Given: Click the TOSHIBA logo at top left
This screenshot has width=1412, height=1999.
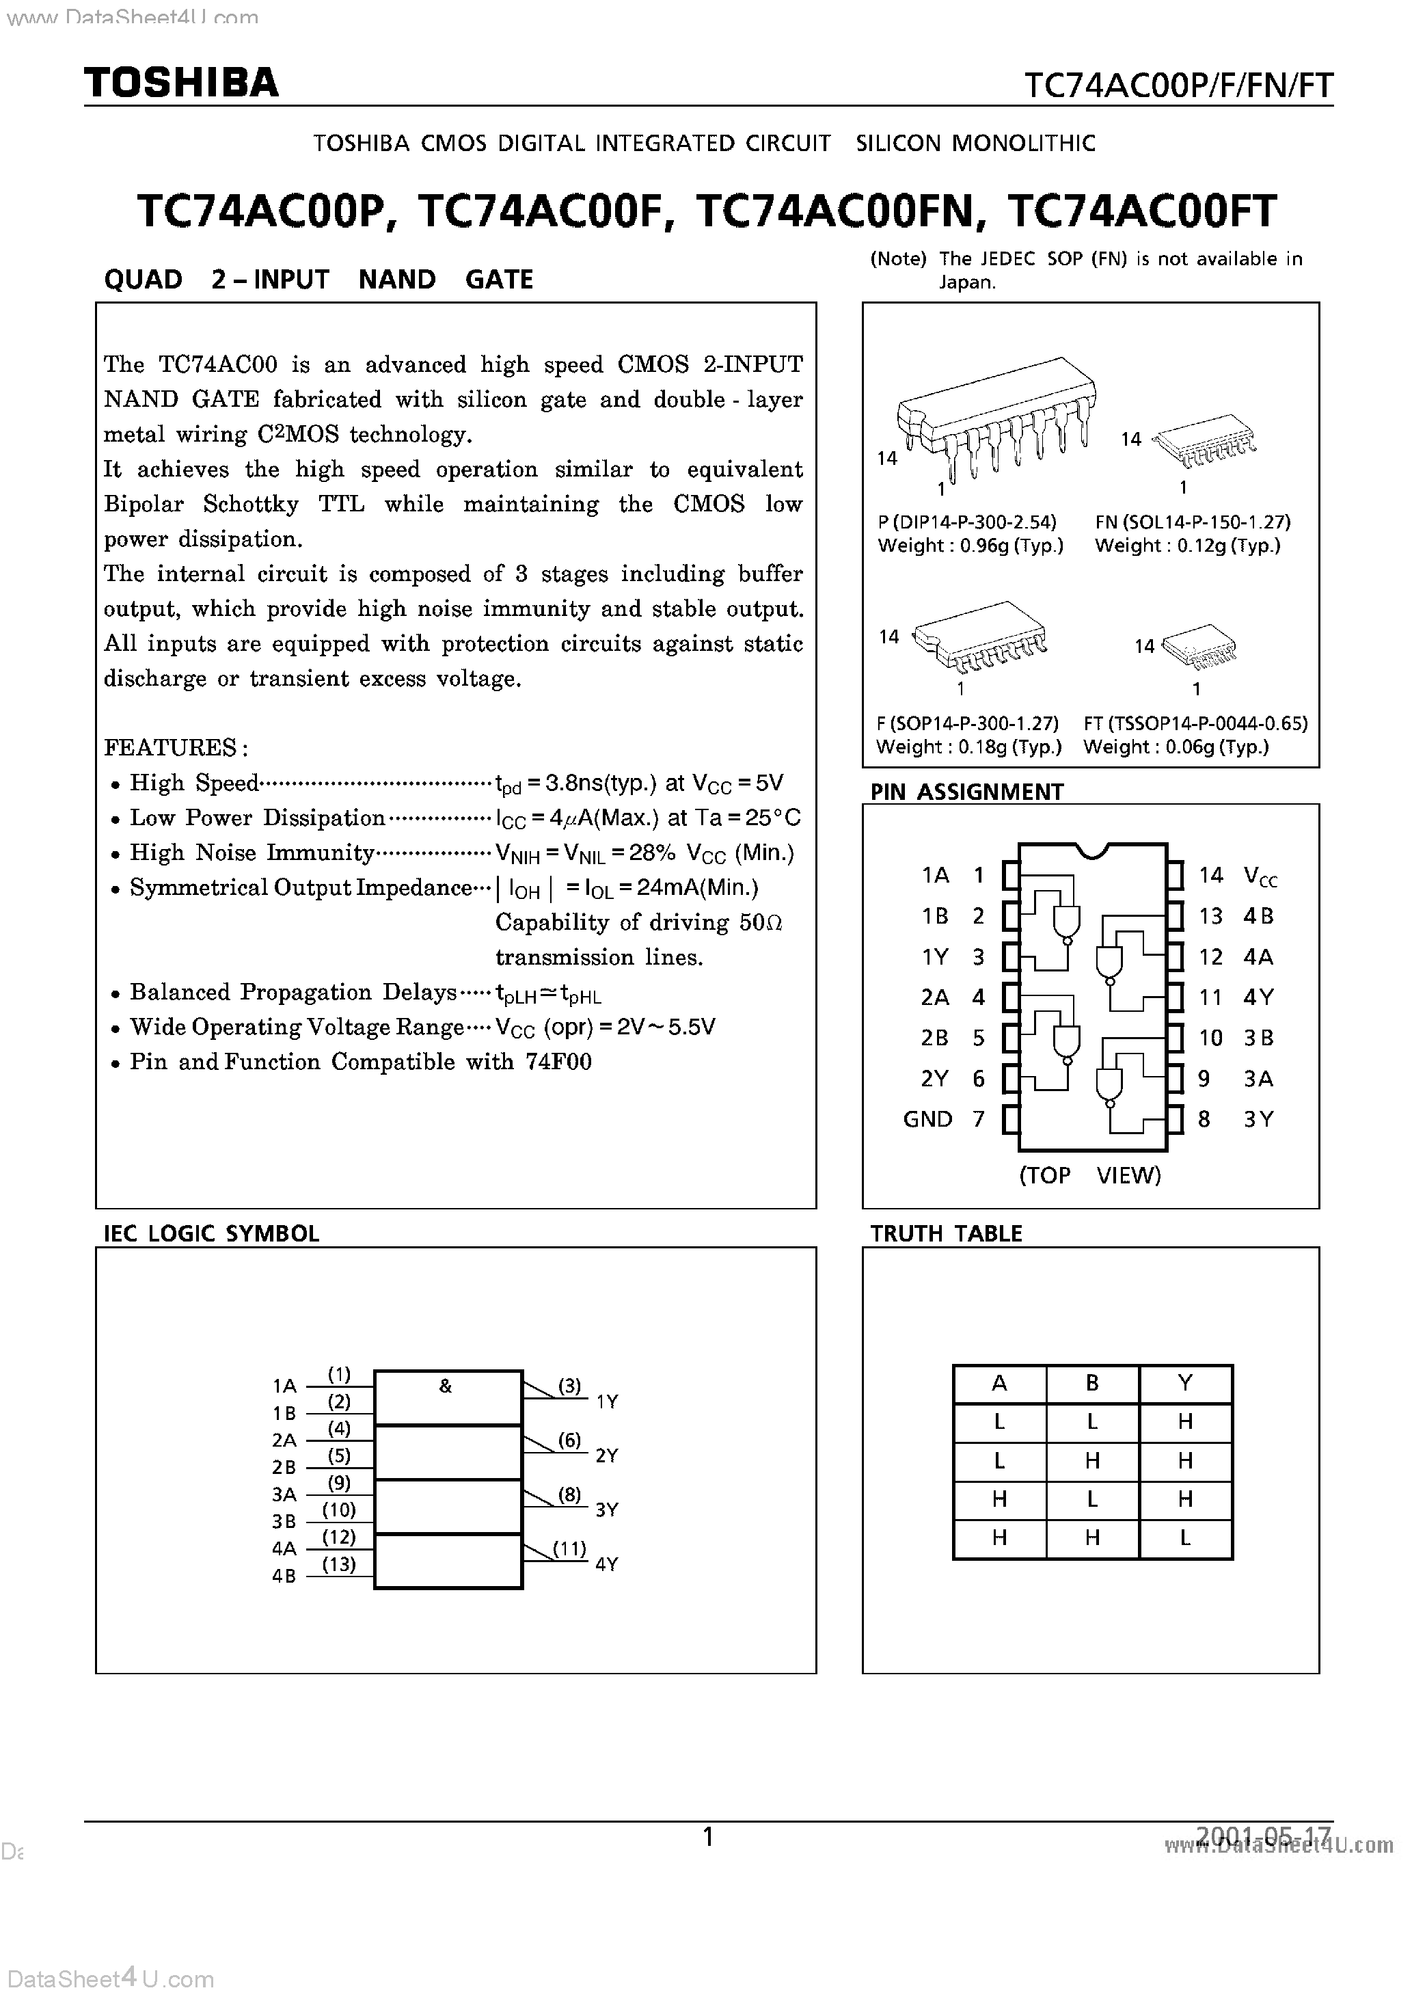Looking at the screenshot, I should [181, 83].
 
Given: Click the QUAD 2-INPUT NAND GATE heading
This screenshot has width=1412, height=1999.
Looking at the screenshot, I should [318, 280].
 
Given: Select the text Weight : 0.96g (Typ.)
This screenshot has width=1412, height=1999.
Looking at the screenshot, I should [970, 546].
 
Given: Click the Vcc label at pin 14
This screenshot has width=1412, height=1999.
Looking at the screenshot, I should [1260, 876].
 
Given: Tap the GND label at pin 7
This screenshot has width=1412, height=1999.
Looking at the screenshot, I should [927, 1118].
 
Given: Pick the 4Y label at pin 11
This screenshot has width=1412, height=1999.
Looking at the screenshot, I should [1258, 997].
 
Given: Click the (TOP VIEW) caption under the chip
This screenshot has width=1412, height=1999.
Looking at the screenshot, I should [1090, 1175].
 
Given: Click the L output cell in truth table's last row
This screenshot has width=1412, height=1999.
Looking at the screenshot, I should [1185, 1538].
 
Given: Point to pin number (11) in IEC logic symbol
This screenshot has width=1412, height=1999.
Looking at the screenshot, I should [569, 1549].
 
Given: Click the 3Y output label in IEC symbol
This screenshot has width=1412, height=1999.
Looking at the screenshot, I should [607, 1510].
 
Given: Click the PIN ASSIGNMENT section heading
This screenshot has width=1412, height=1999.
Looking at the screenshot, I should [966, 792].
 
